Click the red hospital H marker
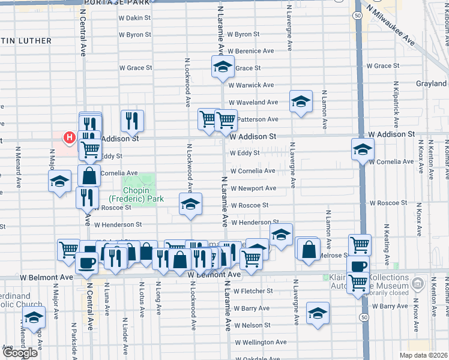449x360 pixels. (x=70, y=139)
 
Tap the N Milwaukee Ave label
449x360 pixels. (x=393, y=25)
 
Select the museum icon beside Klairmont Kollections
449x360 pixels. (x=419, y=282)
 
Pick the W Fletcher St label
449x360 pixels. (x=253, y=291)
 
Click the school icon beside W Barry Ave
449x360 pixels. (x=318, y=313)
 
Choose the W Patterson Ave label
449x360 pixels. (x=256, y=119)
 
